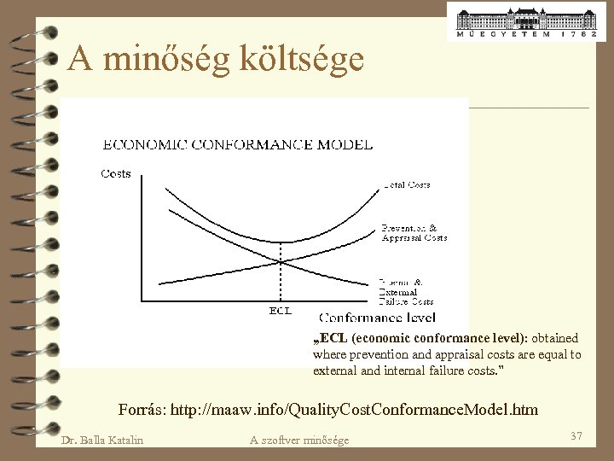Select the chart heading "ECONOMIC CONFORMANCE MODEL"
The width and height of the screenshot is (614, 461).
coord(237,144)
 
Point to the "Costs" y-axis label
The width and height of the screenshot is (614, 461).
coord(115,173)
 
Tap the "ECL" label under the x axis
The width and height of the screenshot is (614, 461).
coord(281,310)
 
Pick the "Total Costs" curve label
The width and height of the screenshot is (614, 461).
coord(407,184)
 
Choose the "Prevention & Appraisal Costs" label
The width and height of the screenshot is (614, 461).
coord(414,233)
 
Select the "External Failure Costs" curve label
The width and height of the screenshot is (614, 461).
coord(406,291)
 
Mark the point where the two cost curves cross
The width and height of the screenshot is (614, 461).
coord(281,260)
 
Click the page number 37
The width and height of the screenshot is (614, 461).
coord(576,436)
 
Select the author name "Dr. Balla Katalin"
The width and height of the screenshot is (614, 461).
coord(102,440)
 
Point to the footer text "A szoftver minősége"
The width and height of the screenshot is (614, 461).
coord(299,440)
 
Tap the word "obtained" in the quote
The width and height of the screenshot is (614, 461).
coord(555,338)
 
